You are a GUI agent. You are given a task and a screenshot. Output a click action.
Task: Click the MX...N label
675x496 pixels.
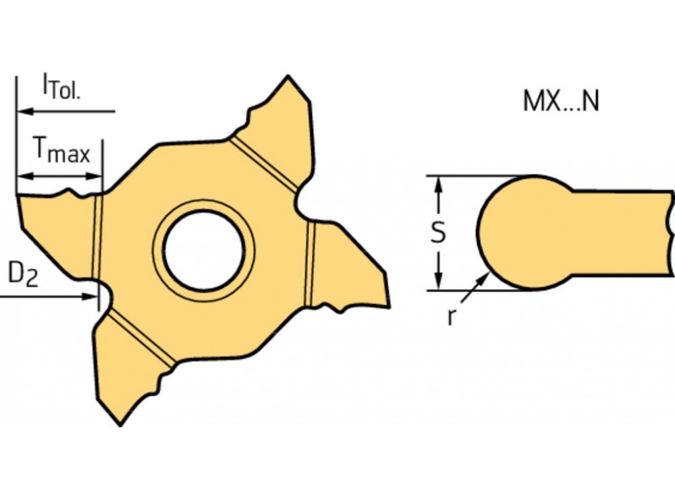click(561, 102)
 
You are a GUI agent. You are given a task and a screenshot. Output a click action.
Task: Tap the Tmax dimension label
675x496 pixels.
click(61, 151)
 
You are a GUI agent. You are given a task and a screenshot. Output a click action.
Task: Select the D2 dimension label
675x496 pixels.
click(22, 276)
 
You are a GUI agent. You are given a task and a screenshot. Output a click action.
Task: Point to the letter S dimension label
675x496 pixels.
click(439, 232)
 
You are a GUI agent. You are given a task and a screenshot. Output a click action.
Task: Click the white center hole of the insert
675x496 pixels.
click(203, 247)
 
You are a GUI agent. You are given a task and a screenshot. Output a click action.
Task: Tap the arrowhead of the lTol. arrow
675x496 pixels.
click(22, 110)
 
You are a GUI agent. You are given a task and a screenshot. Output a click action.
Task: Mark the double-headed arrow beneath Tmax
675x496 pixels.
click(59, 177)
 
